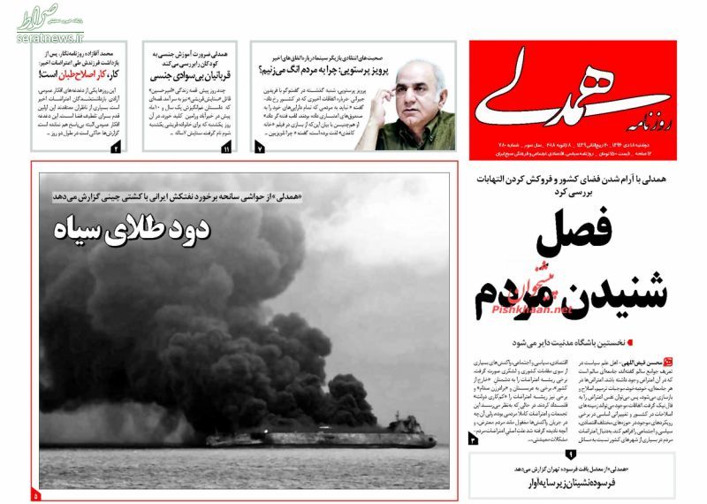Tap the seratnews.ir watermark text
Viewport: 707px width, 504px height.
47,39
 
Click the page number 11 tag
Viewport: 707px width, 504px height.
227,149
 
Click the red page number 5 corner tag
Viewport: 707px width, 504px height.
36,494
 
